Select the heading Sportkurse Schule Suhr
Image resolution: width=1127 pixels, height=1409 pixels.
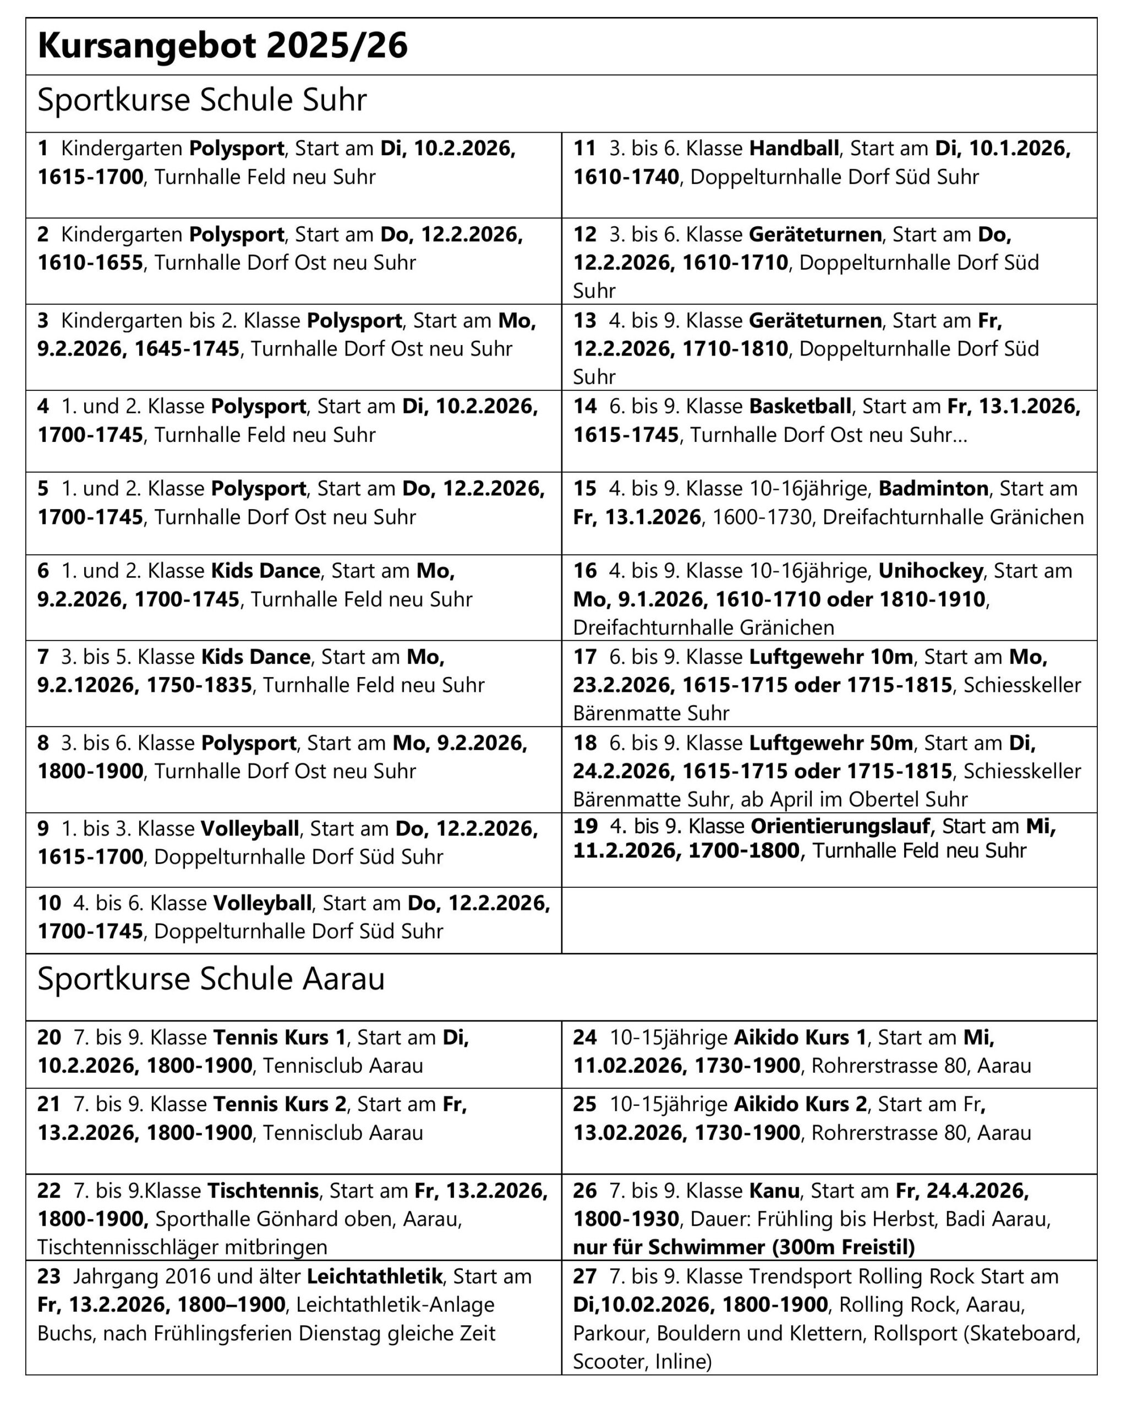pos(202,101)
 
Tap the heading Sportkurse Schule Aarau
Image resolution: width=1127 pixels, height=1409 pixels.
pos(211,979)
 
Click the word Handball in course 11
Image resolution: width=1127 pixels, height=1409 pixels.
pos(794,149)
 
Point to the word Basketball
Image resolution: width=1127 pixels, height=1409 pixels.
pos(800,407)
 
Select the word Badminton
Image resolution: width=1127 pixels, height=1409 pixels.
pos(933,489)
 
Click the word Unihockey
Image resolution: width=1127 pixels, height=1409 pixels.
pos(931,571)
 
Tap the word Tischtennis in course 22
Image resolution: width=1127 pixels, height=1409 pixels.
pos(262,1190)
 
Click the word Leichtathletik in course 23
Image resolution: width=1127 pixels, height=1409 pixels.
pos(374,1276)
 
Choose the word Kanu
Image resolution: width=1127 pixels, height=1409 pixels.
pos(774,1190)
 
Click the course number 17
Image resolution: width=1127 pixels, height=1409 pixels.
pos(586,657)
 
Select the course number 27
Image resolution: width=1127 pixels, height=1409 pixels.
pos(586,1276)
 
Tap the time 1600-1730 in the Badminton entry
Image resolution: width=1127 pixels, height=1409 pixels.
pos(762,517)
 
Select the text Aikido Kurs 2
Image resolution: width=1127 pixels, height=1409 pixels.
pos(800,1105)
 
